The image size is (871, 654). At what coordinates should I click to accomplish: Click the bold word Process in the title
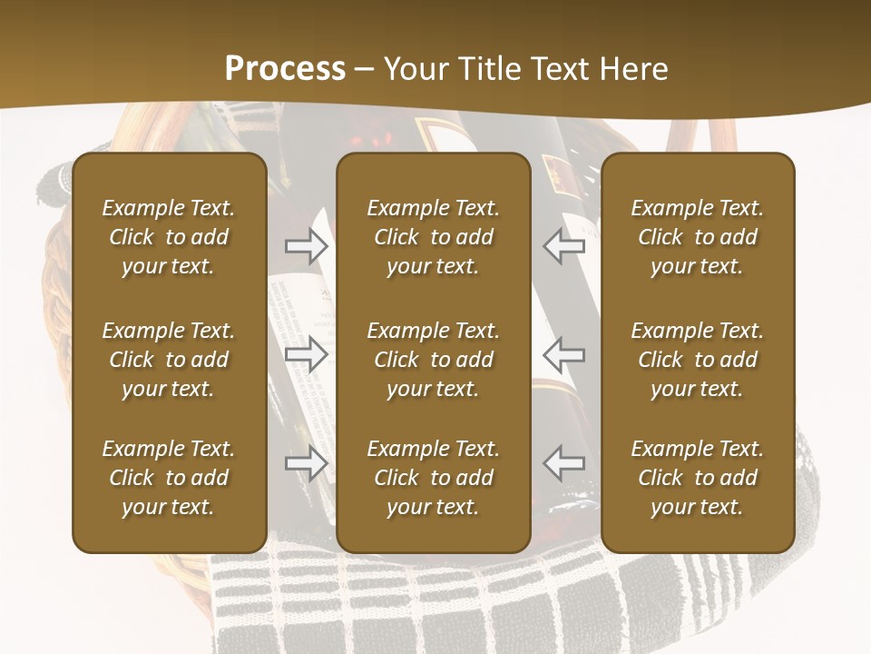click(285, 69)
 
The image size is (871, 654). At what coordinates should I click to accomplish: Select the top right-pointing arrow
click(307, 245)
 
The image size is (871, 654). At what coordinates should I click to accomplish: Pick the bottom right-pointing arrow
click(307, 463)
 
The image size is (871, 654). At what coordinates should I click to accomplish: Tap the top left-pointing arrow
click(564, 245)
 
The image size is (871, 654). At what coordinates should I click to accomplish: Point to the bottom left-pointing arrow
click(564, 463)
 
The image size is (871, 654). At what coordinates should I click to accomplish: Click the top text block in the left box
click(169, 237)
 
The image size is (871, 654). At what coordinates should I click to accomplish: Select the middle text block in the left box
click(169, 360)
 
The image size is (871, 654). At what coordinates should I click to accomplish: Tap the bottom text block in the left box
click(169, 478)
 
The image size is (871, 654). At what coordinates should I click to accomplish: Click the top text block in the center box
click(434, 237)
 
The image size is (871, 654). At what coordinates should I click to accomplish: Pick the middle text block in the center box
click(434, 360)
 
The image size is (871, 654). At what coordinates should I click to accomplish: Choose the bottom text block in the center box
click(434, 478)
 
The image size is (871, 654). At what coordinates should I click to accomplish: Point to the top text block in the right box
click(698, 237)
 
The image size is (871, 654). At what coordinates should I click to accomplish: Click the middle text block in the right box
click(698, 360)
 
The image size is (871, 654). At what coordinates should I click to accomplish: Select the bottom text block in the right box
click(698, 478)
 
